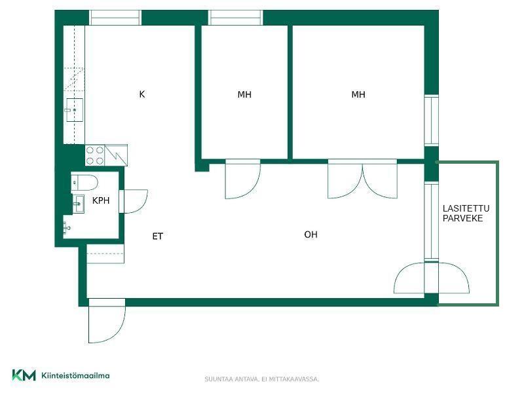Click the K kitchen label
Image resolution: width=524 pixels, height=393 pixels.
142,94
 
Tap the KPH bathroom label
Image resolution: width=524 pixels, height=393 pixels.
101,200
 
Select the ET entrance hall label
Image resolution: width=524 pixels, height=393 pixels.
157,236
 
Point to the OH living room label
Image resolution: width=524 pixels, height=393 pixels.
310,234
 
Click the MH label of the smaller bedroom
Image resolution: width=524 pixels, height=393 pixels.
244,94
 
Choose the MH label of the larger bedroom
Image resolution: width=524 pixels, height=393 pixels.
358,94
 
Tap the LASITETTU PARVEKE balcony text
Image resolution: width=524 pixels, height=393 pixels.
466,214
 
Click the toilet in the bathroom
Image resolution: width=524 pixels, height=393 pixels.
84,183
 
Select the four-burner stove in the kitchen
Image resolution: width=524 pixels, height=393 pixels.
95,155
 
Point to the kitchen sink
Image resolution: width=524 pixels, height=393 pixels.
75,110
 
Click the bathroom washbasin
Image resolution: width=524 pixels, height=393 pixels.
78,204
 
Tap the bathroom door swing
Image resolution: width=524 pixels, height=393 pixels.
134,201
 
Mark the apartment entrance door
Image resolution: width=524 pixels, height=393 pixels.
107,321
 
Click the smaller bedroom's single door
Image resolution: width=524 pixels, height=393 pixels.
242,179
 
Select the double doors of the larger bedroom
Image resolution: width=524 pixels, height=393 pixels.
363,179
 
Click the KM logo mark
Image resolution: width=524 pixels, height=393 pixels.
24,375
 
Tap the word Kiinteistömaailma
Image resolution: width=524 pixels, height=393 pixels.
75,375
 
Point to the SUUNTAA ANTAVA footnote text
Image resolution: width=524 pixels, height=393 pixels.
261,379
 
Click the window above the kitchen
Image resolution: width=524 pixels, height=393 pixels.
115,18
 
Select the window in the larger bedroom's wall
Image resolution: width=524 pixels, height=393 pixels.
432,121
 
